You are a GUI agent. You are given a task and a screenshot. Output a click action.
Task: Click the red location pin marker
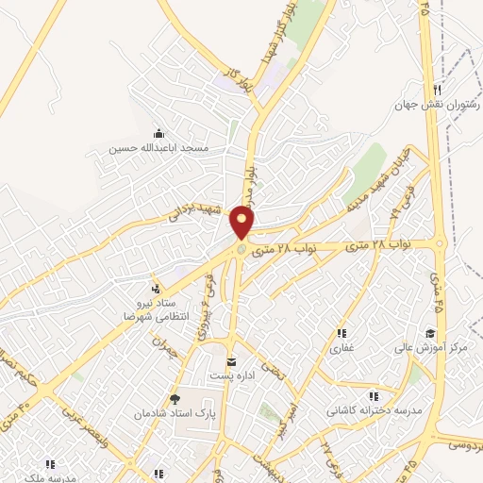click(243, 223)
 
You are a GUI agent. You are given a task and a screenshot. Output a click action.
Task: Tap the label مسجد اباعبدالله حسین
click(165, 149)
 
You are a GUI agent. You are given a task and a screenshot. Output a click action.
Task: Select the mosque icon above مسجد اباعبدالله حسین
click(158, 132)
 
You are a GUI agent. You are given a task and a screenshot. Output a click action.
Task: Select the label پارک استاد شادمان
click(175, 414)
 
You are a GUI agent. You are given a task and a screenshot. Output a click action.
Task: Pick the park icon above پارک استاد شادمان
click(174, 399)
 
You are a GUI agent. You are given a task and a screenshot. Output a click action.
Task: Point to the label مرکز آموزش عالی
click(431, 348)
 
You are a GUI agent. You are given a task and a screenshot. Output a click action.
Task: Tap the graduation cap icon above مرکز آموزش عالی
click(430, 333)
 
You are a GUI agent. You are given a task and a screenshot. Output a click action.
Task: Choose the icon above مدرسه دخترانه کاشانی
click(375, 396)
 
